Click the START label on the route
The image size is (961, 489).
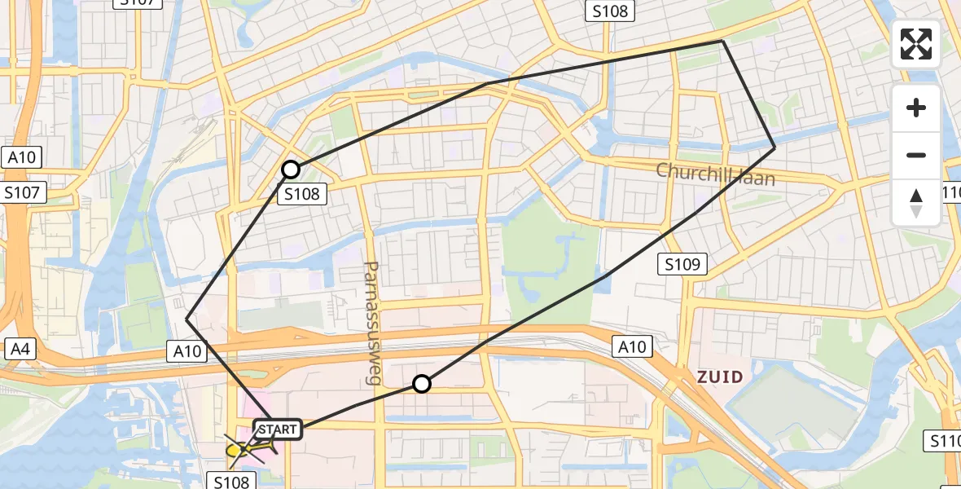279,429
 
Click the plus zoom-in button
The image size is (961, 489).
916,108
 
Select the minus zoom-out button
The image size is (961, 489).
916,155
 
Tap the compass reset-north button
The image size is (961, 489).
916,202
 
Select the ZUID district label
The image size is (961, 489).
720,377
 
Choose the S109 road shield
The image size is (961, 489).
682,264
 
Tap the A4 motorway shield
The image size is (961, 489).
20,349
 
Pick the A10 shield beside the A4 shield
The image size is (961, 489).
187,350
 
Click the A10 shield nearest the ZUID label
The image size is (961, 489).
631,347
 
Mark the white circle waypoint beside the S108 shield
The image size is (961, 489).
291,170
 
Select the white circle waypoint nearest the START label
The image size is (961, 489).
421,383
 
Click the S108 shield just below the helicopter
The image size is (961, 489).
231,481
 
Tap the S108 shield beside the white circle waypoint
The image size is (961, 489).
302,194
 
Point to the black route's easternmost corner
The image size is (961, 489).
775,148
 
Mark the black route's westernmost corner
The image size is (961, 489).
186,319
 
